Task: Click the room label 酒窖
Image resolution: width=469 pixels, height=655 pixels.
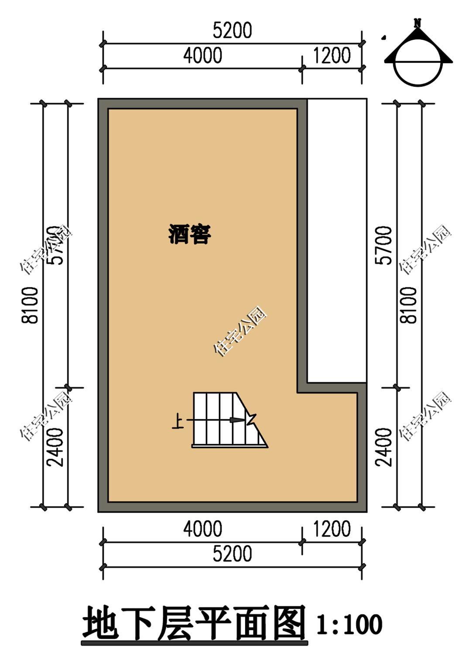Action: [189, 234]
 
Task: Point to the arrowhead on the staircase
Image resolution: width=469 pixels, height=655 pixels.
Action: [238, 420]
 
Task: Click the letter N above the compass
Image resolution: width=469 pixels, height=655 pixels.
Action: [418, 22]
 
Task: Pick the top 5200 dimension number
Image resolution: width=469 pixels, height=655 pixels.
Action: [232, 31]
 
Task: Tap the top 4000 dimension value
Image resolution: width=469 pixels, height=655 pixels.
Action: [202, 55]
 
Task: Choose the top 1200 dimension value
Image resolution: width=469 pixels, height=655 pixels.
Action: [332, 55]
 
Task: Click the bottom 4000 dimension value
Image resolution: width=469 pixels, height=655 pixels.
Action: [202, 529]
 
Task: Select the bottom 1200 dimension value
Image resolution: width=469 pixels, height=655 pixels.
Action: [332, 529]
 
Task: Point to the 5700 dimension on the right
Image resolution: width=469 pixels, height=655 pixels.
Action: [383, 245]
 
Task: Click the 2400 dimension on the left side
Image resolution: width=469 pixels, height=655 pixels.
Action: [55, 447]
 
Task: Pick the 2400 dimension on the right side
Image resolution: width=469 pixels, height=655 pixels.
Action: [383, 447]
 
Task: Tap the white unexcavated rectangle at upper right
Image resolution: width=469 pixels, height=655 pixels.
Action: [337, 240]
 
